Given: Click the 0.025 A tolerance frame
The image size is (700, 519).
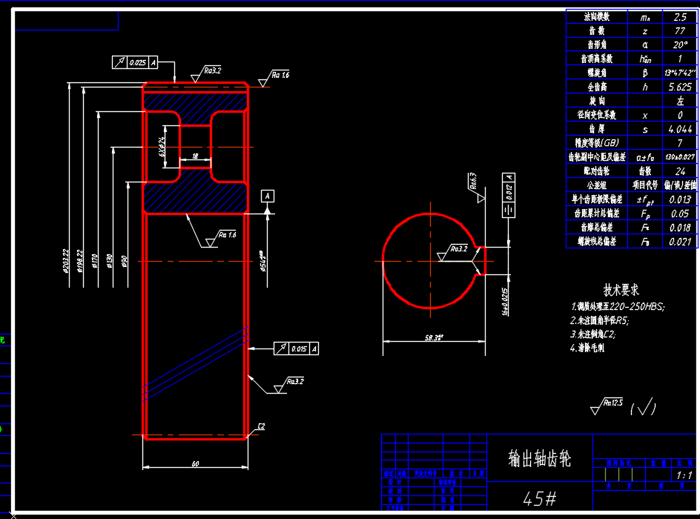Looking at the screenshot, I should pyautogui.click(x=134, y=63).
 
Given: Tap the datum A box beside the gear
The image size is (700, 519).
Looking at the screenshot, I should pyautogui.click(x=268, y=196).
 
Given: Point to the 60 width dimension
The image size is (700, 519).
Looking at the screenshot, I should pyautogui.click(x=195, y=464).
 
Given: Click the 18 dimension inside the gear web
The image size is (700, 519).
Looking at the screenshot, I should pyautogui.click(x=194, y=156).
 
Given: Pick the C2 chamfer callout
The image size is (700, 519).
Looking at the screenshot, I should pyautogui.click(x=260, y=427).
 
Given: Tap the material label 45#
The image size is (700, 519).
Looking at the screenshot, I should pyautogui.click(x=540, y=497).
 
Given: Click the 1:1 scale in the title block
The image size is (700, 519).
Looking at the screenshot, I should pyautogui.click(x=684, y=475).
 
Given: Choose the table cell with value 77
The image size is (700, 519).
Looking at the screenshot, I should pyautogui.click(x=680, y=30).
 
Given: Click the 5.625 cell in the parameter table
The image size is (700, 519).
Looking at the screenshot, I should pyautogui.click(x=680, y=87).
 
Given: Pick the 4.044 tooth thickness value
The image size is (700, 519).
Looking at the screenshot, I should pyautogui.click(x=680, y=129).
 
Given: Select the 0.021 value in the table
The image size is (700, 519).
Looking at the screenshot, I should pyautogui.click(x=680, y=242).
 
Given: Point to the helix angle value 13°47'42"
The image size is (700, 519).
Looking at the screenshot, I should pyautogui.click(x=680, y=73).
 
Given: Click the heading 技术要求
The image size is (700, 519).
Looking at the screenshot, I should pyautogui.click(x=621, y=290).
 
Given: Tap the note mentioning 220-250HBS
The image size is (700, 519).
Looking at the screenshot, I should pyautogui.click(x=618, y=306).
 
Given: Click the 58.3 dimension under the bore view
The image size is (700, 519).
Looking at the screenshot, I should pyautogui.click(x=434, y=338).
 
